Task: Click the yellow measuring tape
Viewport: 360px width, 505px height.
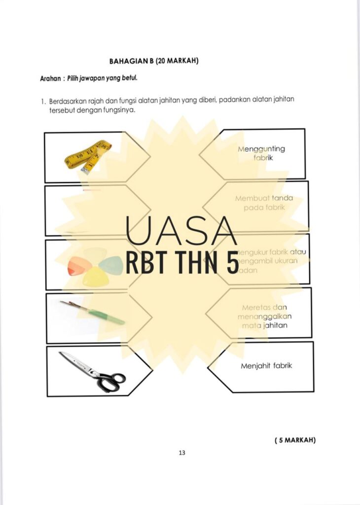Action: (87, 156)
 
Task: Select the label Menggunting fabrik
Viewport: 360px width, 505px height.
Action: (261, 153)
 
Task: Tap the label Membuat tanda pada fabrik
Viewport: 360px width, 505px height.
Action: (264, 203)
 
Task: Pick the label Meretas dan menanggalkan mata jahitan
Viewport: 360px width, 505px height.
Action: (265, 316)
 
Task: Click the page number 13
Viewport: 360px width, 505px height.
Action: (181, 452)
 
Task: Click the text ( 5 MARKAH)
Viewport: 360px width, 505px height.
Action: (294, 440)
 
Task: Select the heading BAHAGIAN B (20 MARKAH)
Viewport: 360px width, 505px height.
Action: (153, 61)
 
